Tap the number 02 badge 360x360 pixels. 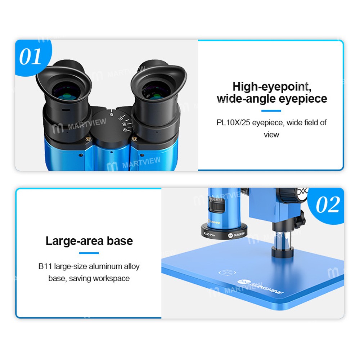(327, 205)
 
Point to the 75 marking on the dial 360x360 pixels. (111, 114)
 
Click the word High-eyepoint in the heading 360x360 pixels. (272, 86)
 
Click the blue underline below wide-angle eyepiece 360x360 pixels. (271, 111)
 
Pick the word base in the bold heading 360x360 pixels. (120, 241)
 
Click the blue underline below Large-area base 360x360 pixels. (89, 253)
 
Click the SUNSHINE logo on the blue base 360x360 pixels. (260, 287)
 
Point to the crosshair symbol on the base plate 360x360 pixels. (227, 273)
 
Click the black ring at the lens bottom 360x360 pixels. (225, 231)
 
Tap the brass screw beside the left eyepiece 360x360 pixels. (88, 139)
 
